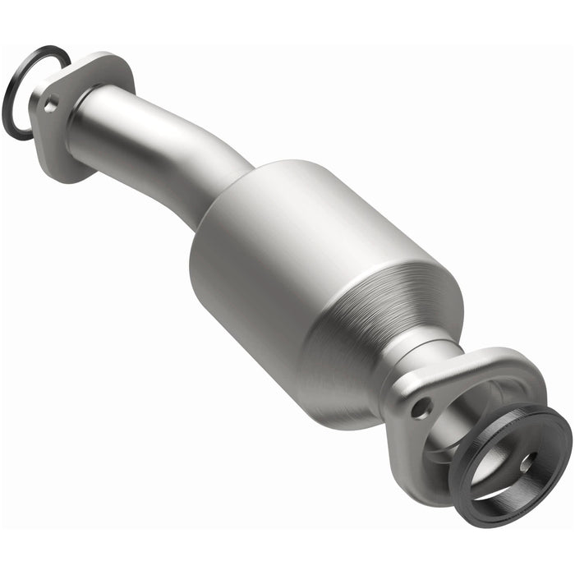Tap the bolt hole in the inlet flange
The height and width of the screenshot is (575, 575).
(x=51, y=103)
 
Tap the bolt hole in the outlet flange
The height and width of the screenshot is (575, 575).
(x=422, y=406)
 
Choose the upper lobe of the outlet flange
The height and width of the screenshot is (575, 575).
(x=493, y=361)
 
